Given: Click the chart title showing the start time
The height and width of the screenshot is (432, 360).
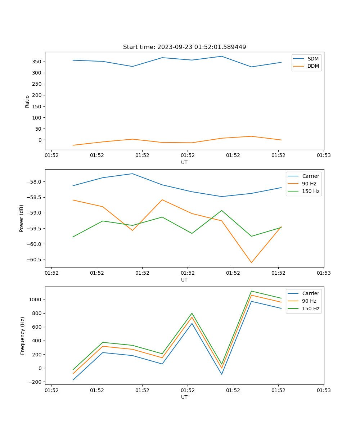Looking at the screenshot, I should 184,47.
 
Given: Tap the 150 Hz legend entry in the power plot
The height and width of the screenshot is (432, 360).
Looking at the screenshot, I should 311,191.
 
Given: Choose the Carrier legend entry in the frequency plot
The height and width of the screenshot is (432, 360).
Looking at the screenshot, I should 310,293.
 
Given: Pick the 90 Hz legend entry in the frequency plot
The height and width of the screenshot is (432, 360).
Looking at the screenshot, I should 309,301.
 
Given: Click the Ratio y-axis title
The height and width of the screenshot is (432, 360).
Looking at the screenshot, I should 27,101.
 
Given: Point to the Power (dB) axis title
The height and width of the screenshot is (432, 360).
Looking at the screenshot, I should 22,218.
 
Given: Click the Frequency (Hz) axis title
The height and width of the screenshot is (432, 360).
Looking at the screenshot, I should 23,336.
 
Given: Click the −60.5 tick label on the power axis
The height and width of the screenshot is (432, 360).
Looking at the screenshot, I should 33,260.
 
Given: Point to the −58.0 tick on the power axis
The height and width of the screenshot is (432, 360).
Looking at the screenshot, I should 33,182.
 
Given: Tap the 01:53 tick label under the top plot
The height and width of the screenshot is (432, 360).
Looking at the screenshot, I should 324,156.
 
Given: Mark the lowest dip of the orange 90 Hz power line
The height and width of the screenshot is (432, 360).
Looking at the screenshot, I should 251,262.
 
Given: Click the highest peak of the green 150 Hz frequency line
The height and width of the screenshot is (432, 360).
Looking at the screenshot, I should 251,291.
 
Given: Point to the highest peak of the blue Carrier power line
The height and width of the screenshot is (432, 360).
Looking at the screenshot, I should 132,174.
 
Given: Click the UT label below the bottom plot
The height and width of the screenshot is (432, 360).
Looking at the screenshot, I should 184,397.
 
